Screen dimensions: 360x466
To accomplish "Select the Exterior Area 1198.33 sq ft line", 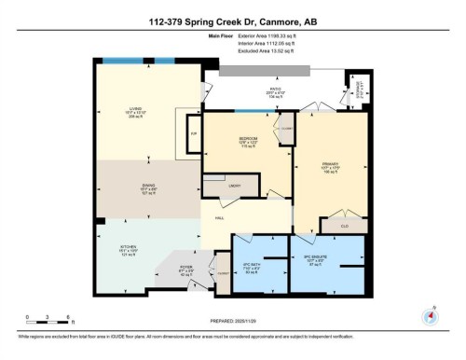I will point(252,45).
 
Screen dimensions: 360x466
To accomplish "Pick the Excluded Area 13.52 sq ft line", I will point(252,58).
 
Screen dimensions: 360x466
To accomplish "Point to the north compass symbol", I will point(430,313).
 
